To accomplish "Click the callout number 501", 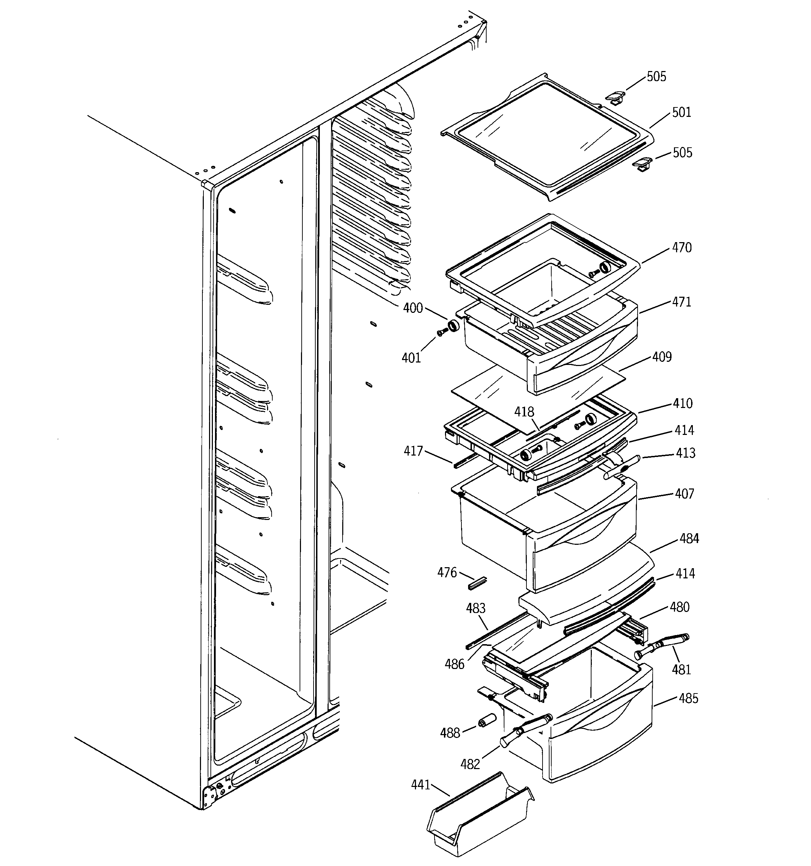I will (x=681, y=112).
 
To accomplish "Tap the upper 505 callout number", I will (x=656, y=77).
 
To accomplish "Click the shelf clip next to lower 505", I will (x=641, y=165).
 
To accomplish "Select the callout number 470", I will (x=681, y=247).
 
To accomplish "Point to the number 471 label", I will (x=681, y=302).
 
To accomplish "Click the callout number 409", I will (x=662, y=357).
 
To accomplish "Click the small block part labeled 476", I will (x=477, y=583).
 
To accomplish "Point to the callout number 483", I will (x=475, y=608).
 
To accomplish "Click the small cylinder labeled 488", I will (x=487, y=720).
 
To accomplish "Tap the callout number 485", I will (x=688, y=698).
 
